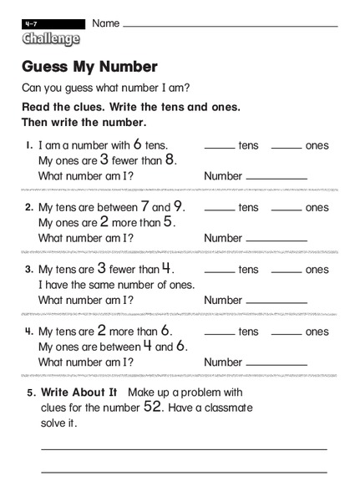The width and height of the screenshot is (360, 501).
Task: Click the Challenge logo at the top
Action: coord(51,38)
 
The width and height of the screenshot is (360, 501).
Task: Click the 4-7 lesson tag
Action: coord(32,24)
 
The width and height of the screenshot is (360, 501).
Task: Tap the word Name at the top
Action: coord(105,23)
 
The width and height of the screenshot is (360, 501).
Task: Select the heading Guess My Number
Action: coord(89,66)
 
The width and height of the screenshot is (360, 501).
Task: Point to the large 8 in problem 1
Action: coord(170,159)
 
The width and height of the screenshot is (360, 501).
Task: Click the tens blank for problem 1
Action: coord(219,148)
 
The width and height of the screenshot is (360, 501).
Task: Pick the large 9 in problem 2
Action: coord(178,206)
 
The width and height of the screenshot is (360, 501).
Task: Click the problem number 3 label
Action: coord(28,270)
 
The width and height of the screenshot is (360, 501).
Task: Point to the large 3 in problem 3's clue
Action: coord(101,268)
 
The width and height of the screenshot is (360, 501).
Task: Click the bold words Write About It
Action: coord(79,392)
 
